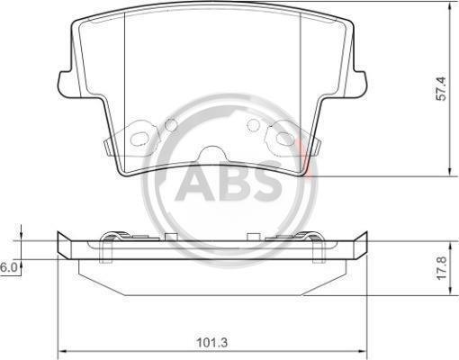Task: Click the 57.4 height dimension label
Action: click(442, 89)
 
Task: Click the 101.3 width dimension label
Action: click(212, 342)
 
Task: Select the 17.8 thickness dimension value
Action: click(442, 268)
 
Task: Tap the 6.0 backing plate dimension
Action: click(9, 267)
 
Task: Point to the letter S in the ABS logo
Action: click(267, 182)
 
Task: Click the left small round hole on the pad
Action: click(171, 125)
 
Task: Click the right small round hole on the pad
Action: click(253, 125)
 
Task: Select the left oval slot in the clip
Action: click(139, 139)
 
